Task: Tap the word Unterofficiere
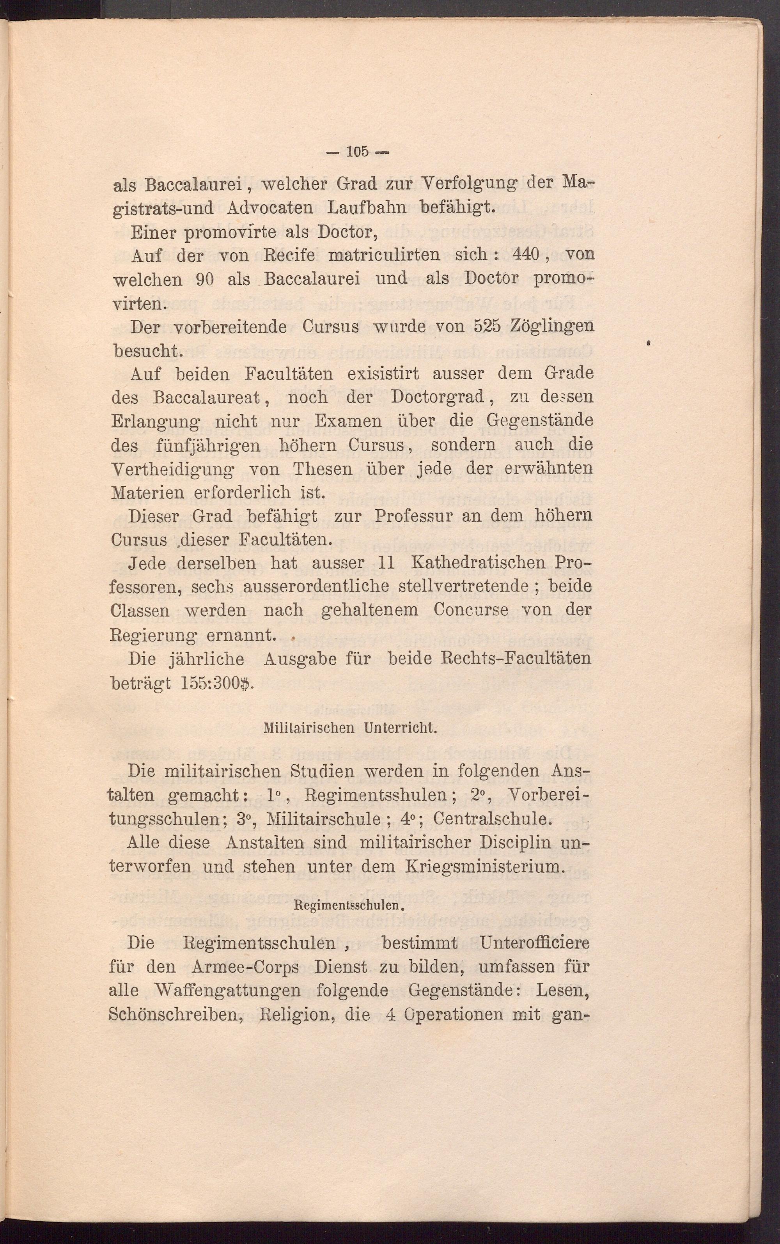coord(534,943)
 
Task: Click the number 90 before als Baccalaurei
coord(205,279)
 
